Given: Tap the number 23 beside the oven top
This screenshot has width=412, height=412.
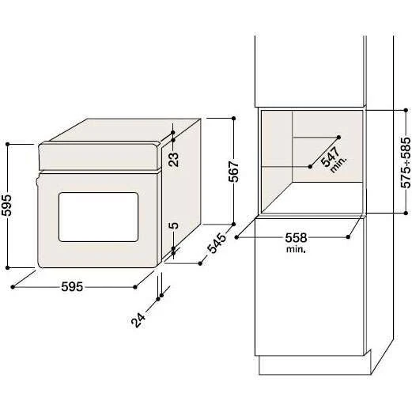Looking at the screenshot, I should pyautogui.click(x=175, y=160).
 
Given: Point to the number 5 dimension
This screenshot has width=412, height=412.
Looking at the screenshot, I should pyautogui.click(x=175, y=227).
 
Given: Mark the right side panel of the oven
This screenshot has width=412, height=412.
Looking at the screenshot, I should pyautogui.click(x=187, y=190).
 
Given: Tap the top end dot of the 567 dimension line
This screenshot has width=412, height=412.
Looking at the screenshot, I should pyautogui.click(x=233, y=118).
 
